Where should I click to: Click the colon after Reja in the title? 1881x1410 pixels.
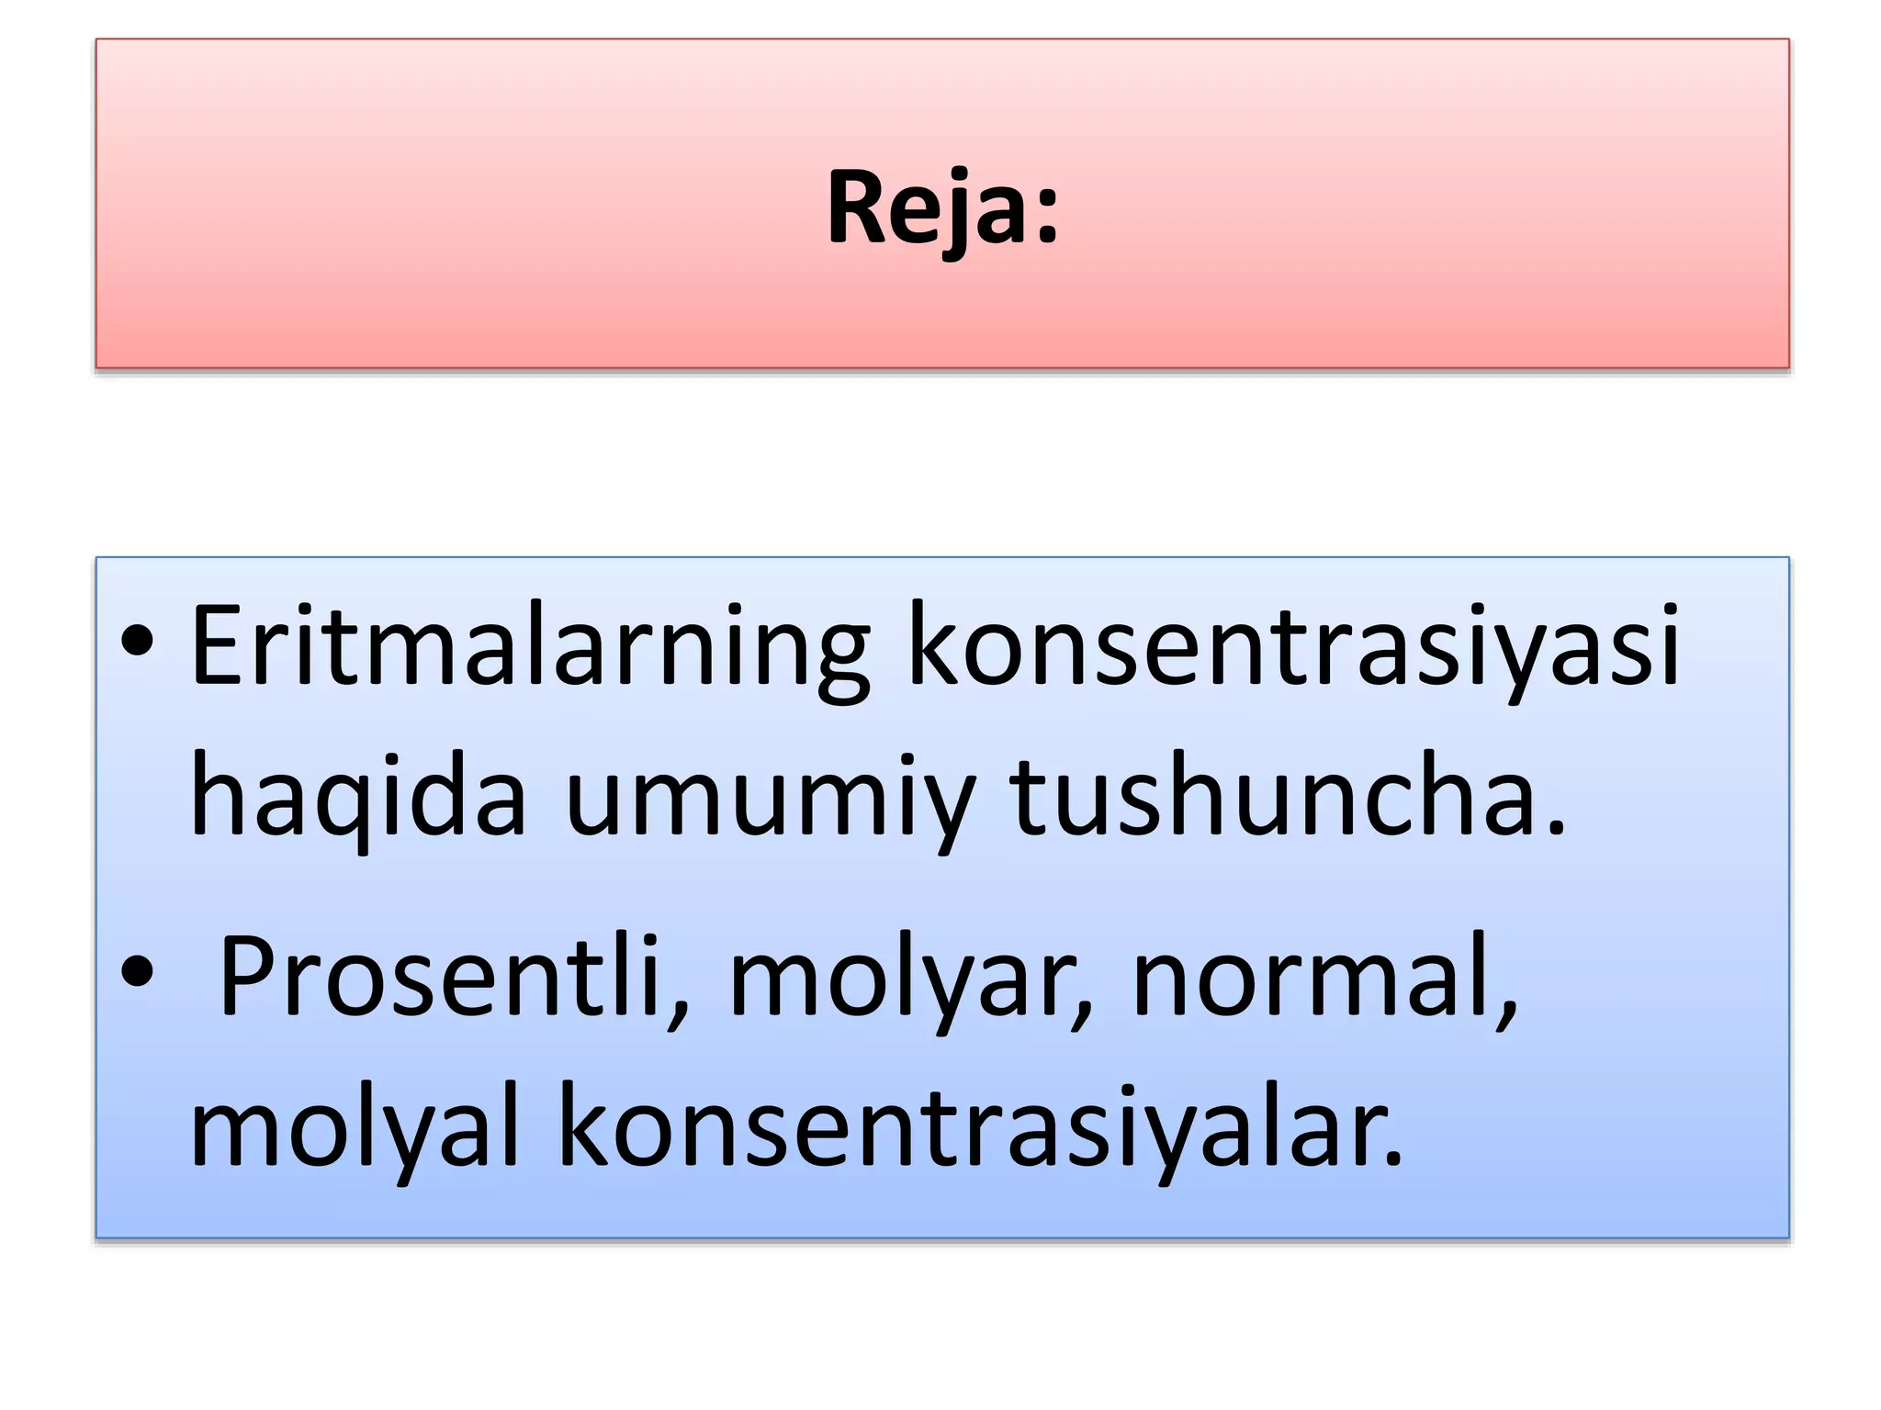[x=1047, y=220]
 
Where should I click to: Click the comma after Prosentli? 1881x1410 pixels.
[x=681, y=1015]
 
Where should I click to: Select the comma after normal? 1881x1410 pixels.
[x=1507, y=1015]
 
